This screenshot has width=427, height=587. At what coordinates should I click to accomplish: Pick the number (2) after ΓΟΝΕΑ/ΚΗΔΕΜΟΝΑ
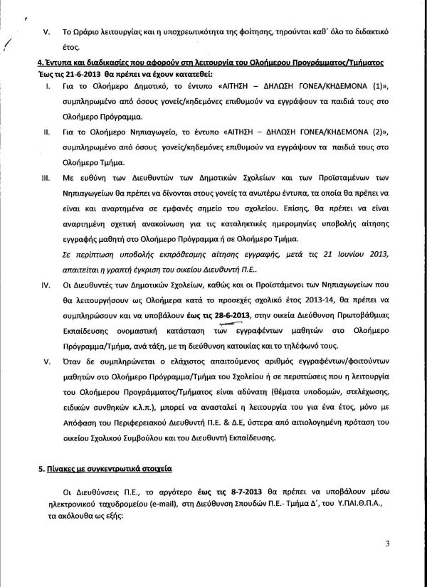pyautogui.click(x=374, y=132)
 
